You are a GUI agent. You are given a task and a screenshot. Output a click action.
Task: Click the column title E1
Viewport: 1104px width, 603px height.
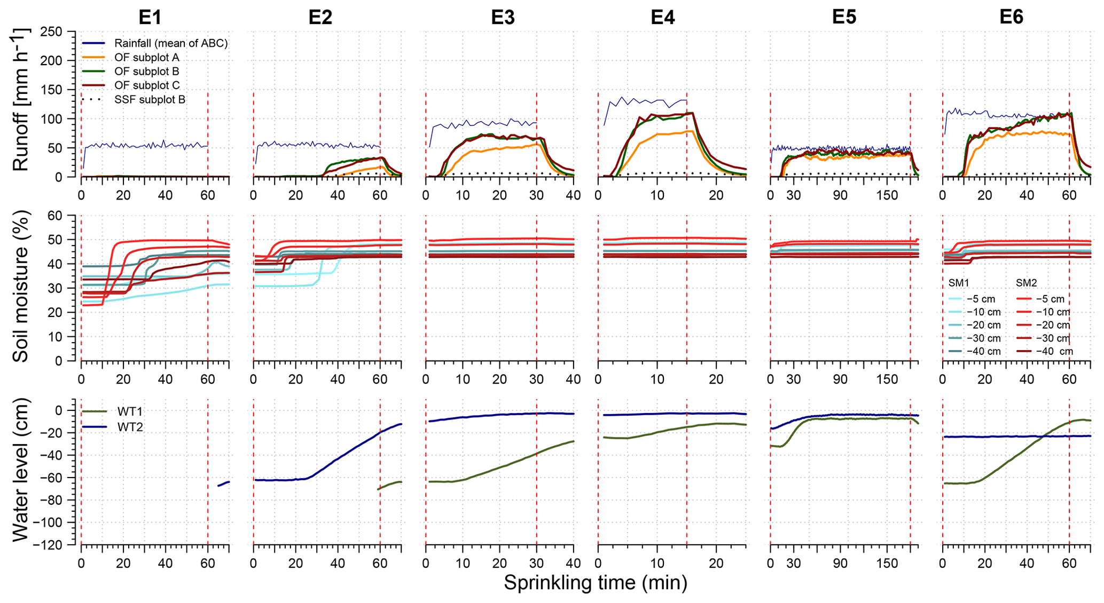pos(150,18)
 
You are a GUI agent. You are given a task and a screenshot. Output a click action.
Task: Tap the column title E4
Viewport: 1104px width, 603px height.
pos(662,18)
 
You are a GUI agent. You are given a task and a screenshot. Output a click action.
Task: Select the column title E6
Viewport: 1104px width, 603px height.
pos(1011,18)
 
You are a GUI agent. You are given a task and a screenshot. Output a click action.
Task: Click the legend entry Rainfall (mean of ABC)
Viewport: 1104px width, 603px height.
pos(171,43)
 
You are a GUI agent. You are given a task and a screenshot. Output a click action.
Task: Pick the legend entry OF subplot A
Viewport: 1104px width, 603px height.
pos(146,57)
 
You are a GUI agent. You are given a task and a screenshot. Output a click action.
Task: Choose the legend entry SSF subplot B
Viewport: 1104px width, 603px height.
pos(150,99)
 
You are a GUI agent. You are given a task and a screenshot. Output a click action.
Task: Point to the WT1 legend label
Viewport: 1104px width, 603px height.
pos(130,411)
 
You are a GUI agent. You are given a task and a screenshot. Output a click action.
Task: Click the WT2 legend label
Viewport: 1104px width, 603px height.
pos(130,427)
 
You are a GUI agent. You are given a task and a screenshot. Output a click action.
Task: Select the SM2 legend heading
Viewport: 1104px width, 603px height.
pos(1026,283)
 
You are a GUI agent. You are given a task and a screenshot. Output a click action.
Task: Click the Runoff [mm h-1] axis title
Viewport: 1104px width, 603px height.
pos(20,100)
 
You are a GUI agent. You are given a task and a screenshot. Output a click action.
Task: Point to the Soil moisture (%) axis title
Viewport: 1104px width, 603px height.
pos(20,287)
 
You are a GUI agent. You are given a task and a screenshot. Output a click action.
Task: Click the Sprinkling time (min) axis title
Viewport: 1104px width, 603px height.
pos(595,583)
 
